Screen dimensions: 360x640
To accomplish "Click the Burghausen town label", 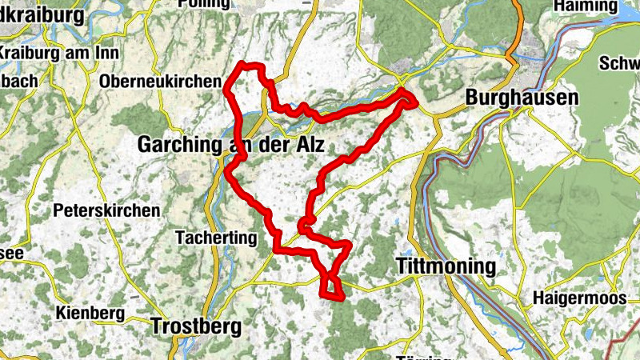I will pos(522,98).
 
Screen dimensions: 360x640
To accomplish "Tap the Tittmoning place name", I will pos(447,266).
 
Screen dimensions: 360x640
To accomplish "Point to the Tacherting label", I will pos(216,238).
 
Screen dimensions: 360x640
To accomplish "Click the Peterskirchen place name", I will pos(106,211).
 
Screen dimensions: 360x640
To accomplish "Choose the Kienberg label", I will pos(90,312).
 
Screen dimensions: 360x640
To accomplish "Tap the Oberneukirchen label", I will pos(160,82).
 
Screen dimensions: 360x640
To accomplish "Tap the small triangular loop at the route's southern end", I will pos(331,287).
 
